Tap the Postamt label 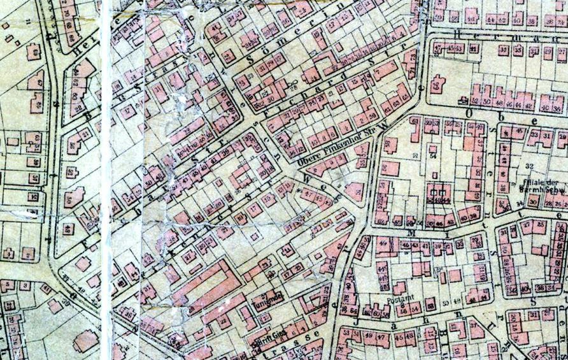coord(395,299)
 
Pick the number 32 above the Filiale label coord(528,165)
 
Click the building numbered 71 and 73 coord(408,64)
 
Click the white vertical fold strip coord(106,178)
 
